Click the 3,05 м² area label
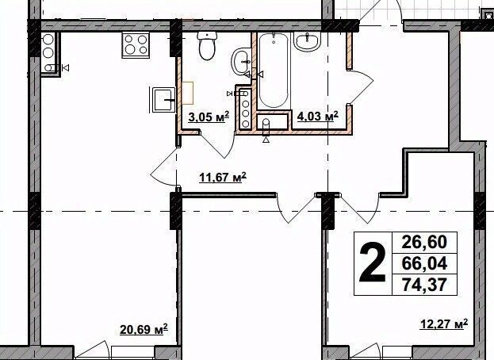tap(209, 117)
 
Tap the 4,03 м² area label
tap(317, 116)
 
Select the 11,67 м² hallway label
tap(223, 177)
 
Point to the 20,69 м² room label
tap(144, 330)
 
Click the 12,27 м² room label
tap(444, 324)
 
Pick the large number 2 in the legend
tap(373, 263)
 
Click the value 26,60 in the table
tap(424, 242)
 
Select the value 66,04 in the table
tap(424, 263)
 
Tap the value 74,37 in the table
tap(424, 285)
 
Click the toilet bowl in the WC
tap(207, 46)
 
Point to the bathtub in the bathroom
tap(274, 71)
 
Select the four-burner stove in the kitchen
tap(136, 45)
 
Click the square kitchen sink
tap(163, 100)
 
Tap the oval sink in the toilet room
tap(241, 62)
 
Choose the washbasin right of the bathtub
tap(307, 41)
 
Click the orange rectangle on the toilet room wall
tap(187, 93)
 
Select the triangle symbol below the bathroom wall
tap(266, 140)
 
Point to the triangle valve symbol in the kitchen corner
tap(66, 67)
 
